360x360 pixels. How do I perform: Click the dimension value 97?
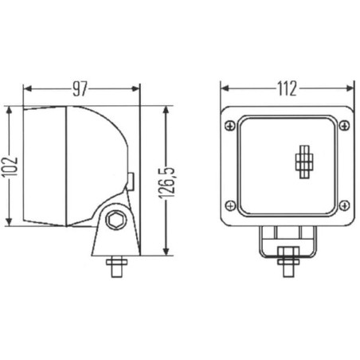pos(80,89)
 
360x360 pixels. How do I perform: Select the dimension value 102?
pos(10,166)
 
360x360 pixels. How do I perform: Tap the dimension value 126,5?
pos(167,183)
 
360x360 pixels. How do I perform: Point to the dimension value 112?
pos(287,88)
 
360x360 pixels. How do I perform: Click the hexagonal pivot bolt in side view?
pos(116,220)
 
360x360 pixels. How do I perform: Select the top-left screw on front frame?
pos(230,126)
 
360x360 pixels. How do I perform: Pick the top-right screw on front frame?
pos(344,125)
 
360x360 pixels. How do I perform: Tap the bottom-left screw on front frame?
pos(230,205)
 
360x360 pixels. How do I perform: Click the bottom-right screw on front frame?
pos(344,205)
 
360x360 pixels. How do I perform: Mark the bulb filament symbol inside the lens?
pos(304,162)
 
